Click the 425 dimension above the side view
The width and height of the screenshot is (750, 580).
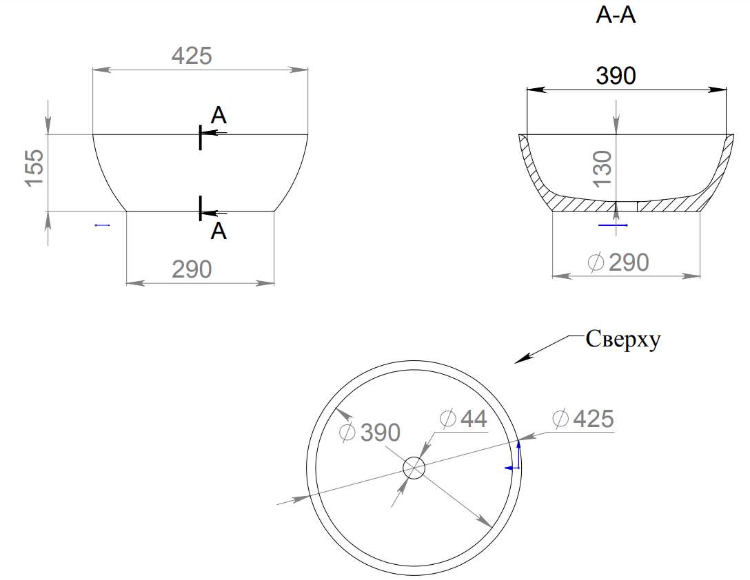[192, 56]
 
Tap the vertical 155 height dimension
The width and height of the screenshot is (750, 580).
[34, 168]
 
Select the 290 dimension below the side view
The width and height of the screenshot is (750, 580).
[192, 269]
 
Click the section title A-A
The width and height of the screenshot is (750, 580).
[616, 15]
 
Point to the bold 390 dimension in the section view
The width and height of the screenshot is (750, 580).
[616, 76]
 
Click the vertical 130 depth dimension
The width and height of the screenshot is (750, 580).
[602, 168]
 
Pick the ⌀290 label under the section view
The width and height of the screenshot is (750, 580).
[618, 262]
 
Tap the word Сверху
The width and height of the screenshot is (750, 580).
[623, 340]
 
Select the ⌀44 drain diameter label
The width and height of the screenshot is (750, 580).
[463, 418]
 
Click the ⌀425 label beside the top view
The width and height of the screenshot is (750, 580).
[582, 419]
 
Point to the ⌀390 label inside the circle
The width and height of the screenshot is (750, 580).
[369, 433]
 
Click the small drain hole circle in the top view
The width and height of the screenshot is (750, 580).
[414, 468]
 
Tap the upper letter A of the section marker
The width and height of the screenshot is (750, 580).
[218, 115]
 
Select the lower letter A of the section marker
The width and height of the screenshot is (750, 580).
[218, 231]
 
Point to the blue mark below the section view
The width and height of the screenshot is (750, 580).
[613, 225]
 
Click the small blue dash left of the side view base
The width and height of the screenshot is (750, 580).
[102, 225]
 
